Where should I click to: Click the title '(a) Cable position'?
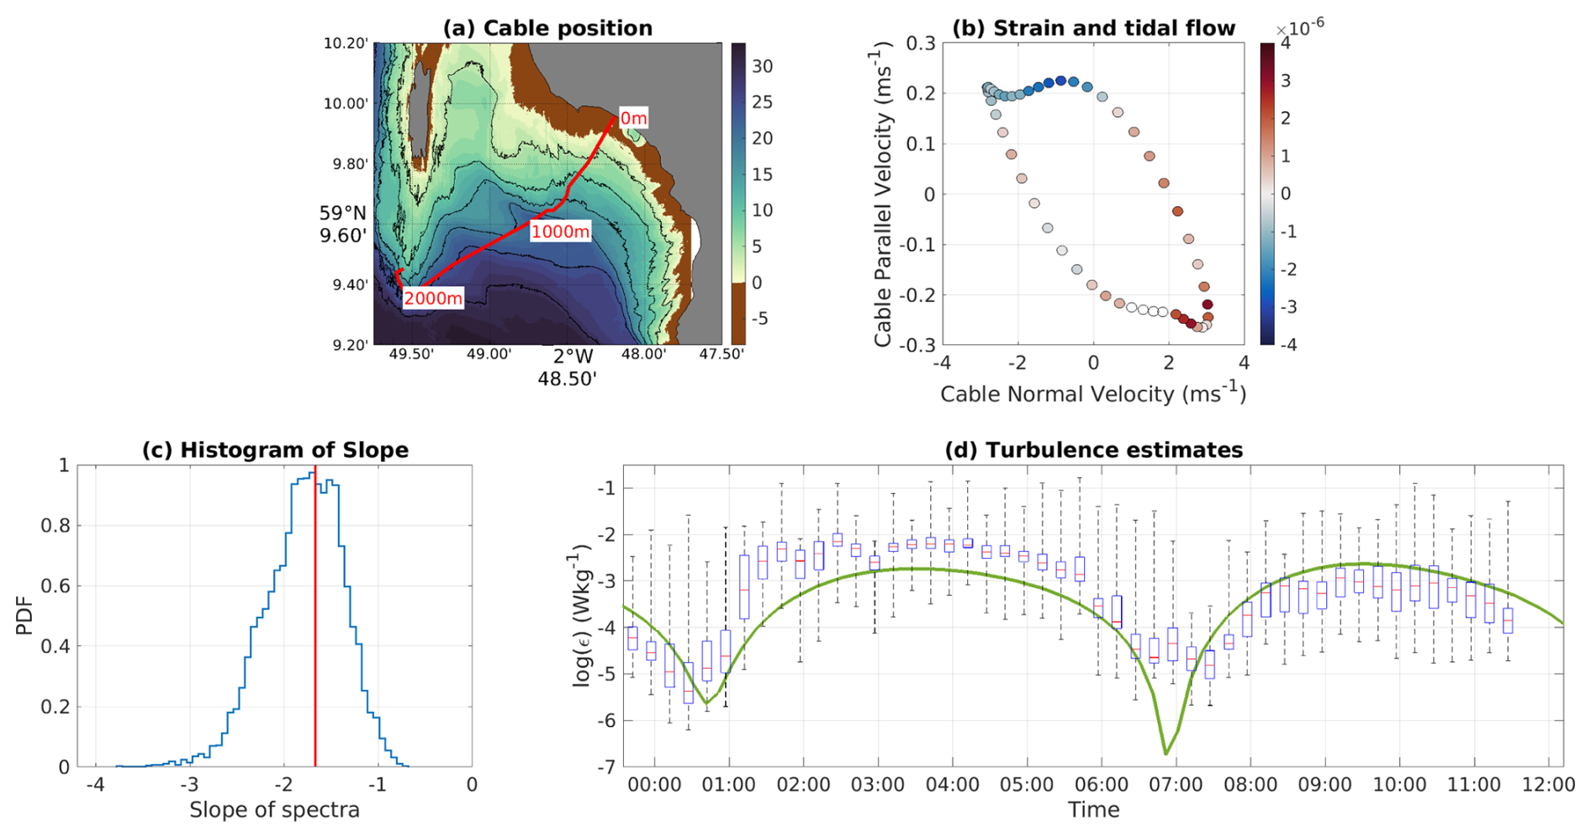[547, 28]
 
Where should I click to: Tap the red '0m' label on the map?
[633, 119]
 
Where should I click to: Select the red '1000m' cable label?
[560, 231]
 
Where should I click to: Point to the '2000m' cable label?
[433, 299]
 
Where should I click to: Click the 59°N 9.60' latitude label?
[342, 225]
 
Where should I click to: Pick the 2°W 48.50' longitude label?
[568, 367]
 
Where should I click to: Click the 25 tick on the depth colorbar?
[762, 102]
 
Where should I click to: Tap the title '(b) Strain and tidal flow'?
[1093, 28]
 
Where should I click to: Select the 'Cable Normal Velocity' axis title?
[1092, 394]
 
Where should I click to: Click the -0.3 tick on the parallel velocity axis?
[919, 345]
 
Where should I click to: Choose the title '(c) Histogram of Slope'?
[275, 450]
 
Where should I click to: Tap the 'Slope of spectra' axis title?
[274, 810]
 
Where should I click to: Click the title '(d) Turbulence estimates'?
[1093, 450]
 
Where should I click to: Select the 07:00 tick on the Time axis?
[1176, 786]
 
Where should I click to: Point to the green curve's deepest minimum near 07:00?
[1166, 753]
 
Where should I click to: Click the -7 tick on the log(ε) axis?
[605, 767]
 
